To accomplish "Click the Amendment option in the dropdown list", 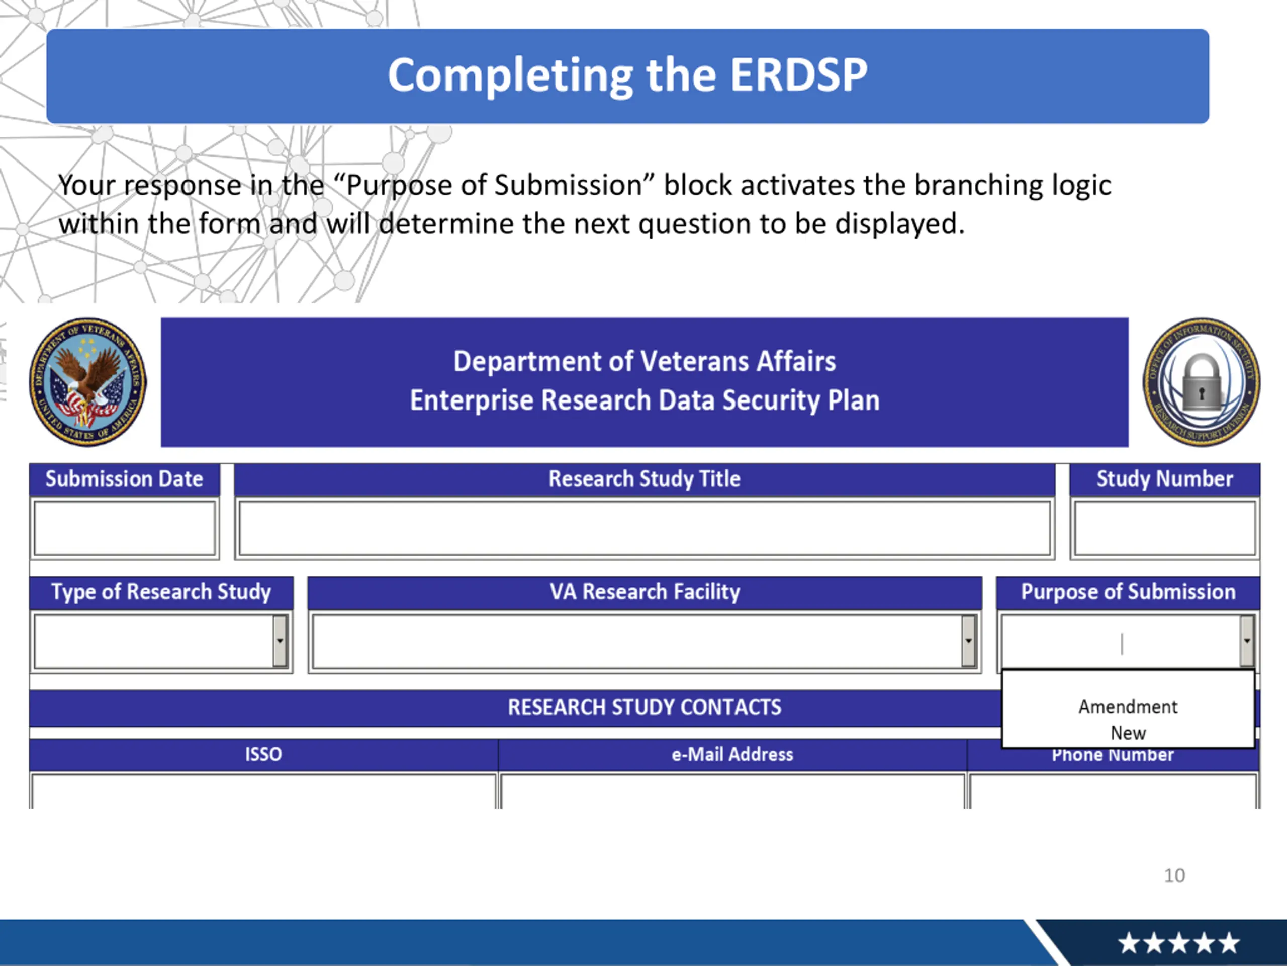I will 1128,707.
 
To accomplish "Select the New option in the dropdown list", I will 1128,733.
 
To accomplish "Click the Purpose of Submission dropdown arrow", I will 1246,640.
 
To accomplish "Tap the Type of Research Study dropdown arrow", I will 280,640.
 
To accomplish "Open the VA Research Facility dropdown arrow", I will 968,640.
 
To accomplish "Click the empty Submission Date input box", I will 125,528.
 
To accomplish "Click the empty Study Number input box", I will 1164,528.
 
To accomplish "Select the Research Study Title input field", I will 644,528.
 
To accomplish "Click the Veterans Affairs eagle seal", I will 88,382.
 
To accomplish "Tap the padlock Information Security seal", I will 1202,382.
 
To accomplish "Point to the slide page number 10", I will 1174,875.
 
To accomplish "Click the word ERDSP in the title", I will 798,75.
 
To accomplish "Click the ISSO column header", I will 263,755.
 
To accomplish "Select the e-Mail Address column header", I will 732,755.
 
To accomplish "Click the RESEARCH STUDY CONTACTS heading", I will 644,707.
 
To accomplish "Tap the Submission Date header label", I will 125,478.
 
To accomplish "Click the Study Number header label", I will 1164,478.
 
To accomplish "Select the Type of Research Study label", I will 161,592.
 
